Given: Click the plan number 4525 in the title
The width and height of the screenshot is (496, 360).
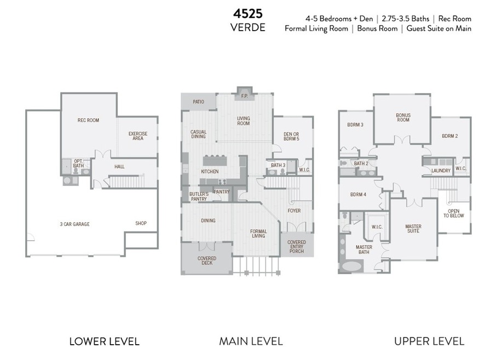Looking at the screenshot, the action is point(248,14).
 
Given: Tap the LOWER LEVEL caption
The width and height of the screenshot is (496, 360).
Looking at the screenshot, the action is point(105,341).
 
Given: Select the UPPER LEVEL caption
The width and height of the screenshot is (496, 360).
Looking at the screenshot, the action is point(429,341).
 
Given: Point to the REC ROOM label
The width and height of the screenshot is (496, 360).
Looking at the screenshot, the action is point(88,120).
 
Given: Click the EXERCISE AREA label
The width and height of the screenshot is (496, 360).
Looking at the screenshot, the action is point(138,136).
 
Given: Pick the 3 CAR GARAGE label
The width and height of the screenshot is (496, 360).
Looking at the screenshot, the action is point(74,224).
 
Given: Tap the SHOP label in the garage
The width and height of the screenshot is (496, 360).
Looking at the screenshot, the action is point(141,223).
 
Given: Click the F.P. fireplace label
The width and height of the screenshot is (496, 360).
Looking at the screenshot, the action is point(245,96).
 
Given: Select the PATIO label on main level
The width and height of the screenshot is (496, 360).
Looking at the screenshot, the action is point(198,102).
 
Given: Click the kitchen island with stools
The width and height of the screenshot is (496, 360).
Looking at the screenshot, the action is point(215,160).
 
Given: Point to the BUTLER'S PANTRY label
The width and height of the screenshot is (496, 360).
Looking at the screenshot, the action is point(199,196).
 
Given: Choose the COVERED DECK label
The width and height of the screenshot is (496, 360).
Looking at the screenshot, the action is point(207,260).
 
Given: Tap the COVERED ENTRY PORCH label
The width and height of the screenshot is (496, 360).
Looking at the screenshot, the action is point(297,247).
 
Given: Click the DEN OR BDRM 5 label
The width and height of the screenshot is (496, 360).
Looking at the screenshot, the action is point(291,136).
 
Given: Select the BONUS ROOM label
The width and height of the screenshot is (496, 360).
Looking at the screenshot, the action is point(403,118).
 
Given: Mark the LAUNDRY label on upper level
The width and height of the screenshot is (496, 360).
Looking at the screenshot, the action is point(441,171).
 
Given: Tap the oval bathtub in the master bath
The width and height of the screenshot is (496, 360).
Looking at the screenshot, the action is point(351,266).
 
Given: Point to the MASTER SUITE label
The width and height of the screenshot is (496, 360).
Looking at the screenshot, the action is point(413,229).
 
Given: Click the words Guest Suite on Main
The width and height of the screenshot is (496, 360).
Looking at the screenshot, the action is point(439,28).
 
